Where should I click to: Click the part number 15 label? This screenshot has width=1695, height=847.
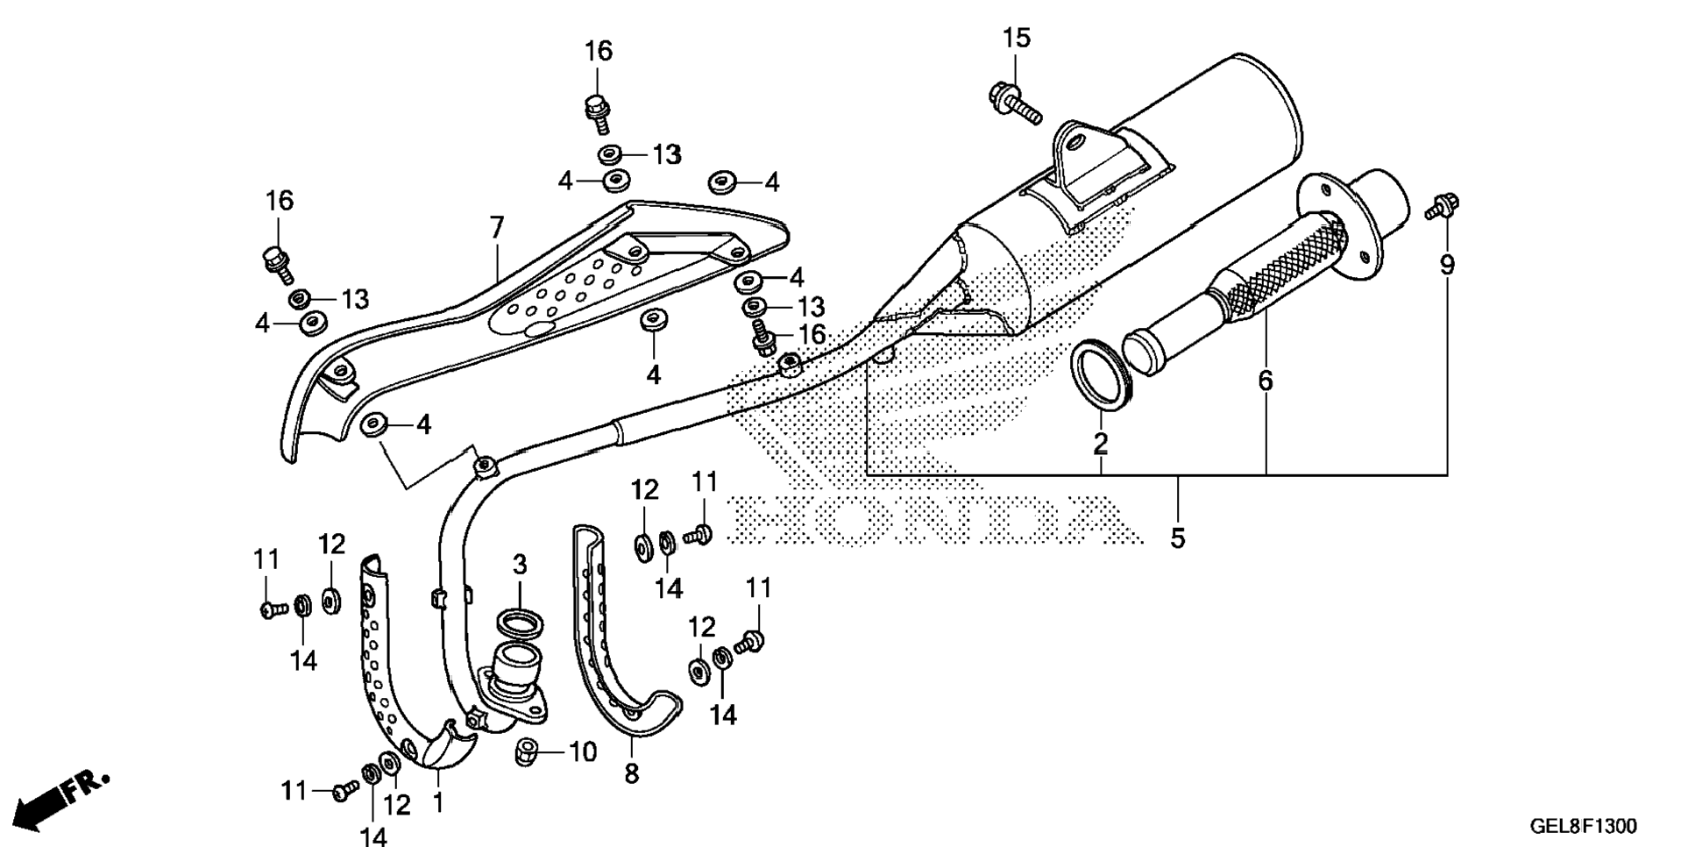pos(1017,39)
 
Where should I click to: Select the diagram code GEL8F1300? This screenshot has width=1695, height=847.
pos(1583,826)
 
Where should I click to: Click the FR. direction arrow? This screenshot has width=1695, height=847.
pos(61,800)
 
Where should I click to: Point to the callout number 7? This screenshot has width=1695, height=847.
pos(497,228)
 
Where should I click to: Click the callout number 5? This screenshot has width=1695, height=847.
pos(1177,537)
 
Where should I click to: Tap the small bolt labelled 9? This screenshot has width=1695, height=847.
pos(1441,206)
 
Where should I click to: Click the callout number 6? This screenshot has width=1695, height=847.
pos(1265,381)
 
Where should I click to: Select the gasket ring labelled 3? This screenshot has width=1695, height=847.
pos(519,623)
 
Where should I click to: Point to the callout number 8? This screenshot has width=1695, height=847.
pos(632,773)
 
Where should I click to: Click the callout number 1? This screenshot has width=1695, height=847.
pos(437,801)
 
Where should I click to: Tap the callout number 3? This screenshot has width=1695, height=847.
pos(519,565)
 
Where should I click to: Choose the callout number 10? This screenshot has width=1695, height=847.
pos(583,751)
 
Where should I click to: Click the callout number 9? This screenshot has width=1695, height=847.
pos(1447,264)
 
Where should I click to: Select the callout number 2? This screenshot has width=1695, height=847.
pos(1100,444)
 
